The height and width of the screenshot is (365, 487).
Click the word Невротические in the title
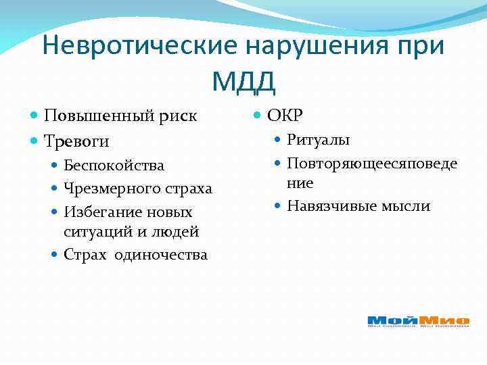click(x=139, y=46)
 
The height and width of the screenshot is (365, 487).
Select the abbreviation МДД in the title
click(x=243, y=81)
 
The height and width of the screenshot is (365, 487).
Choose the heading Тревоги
click(x=76, y=141)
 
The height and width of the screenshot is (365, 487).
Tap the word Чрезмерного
click(x=108, y=189)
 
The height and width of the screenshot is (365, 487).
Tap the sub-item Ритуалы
click(x=318, y=140)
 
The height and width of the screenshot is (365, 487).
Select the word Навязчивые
click(x=327, y=206)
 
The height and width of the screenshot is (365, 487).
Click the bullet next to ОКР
click(x=258, y=116)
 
